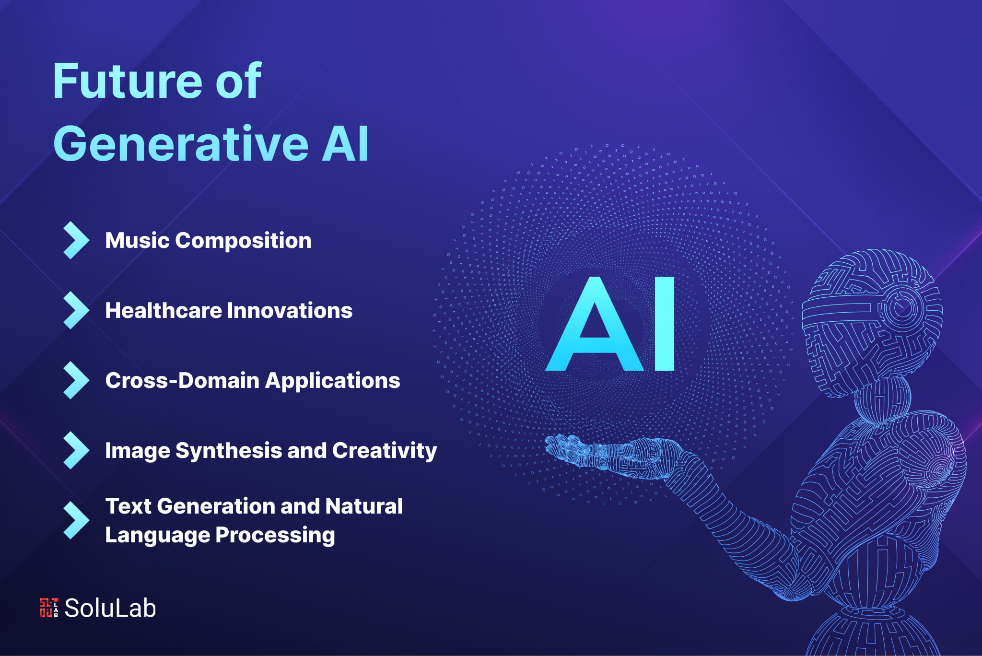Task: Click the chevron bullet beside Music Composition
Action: [x=76, y=240]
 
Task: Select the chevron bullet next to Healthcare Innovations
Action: [x=76, y=310]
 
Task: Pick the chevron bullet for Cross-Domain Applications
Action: [x=76, y=380]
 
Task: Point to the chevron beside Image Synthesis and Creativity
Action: [x=76, y=450]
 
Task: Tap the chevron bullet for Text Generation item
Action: [x=76, y=520]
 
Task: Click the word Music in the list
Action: [x=137, y=240]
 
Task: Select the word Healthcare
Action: [x=163, y=310]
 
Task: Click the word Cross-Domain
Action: [x=182, y=380]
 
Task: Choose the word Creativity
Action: [x=384, y=450]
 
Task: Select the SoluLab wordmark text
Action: [x=110, y=608]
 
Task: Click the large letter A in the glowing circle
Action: [x=595, y=326]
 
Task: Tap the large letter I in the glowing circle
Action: [x=664, y=324]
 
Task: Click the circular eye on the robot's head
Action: [x=902, y=307]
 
